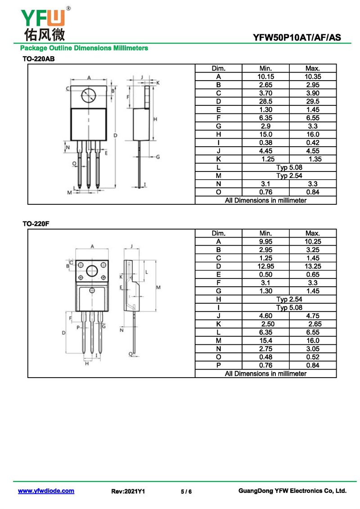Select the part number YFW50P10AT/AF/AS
pyautogui.click(x=297, y=38)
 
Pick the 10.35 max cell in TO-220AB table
pyautogui.click(x=312, y=77)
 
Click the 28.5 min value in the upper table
pyautogui.click(x=265, y=101)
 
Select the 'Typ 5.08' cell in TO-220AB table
pyautogui.click(x=289, y=167)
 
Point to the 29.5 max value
pyautogui.click(x=312, y=101)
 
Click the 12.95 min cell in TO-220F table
pyautogui.click(x=265, y=266)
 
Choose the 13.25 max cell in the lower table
pyautogui.click(x=312, y=266)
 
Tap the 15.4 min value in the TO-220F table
pyautogui.click(x=265, y=341)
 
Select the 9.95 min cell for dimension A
pyautogui.click(x=265, y=242)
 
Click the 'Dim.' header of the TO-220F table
pyautogui.click(x=218, y=234)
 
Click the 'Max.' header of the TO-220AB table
pyautogui.click(x=312, y=68)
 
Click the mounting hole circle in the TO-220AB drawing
pyautogui.click(x=89, y=95)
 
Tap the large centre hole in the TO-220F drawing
pyautogui.click(x=92, y=271)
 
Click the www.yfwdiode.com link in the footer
pyautogui.click(x=46, y=491)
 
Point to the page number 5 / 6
pyautogui.click(x=186, y=491)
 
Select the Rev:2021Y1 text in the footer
pyautogui.click(x=128, y=491)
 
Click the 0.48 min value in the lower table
pyautogui.click(x=265, y=357)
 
